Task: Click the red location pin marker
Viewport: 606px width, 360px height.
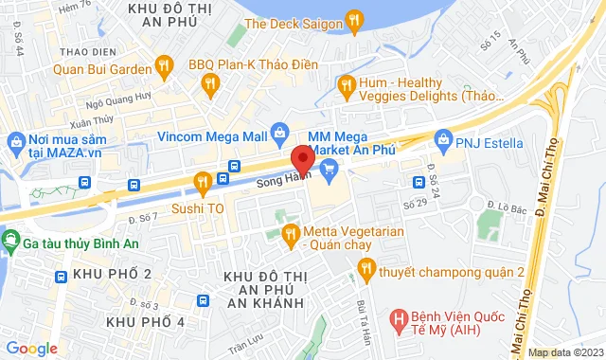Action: pyautogui.click(x=303, y=159)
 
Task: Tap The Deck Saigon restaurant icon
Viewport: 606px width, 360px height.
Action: pyautogui.click(x=354, y=18)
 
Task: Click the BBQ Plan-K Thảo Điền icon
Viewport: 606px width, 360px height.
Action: pyautogui.click(x=209, y=88)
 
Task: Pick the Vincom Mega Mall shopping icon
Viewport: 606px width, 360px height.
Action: pyautogui.click(x=280, y=134)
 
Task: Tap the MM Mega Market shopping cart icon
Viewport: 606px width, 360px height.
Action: pyautogui.click(x=330, y=171)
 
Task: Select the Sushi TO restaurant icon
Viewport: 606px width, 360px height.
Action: pyautogui.click(x=201, y=182)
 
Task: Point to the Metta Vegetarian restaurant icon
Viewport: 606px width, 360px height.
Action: pyautogui.click(x=291, y=230)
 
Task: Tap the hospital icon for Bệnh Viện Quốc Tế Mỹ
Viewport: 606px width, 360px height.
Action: pyautogui.click(x=400, y=318)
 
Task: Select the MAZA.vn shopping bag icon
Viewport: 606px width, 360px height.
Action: pyautogui.click(x=14, y=141)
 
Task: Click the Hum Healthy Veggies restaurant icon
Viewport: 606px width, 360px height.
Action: pyautogui.click(x=347, y=86)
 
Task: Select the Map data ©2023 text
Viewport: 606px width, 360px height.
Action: pyautogui.click(x=563, y=352)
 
